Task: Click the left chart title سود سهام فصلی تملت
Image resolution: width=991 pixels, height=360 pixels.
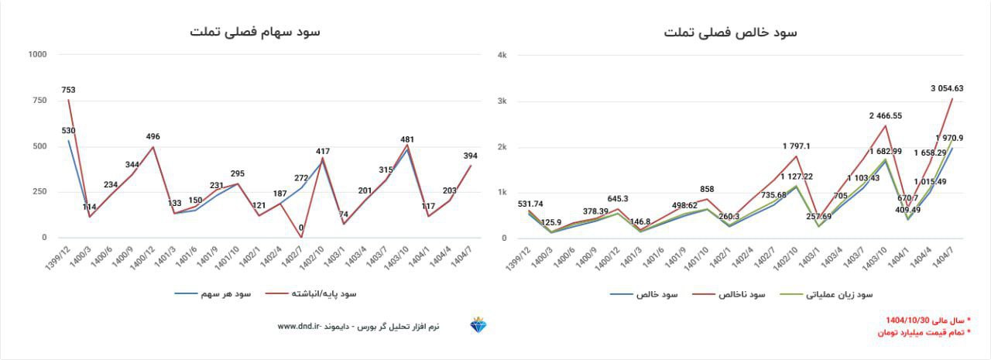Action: (x=255, y=32)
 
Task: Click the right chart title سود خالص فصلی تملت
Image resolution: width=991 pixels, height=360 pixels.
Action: (x=730, y=32)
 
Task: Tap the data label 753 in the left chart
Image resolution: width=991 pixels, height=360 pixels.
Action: (x=68, y=90)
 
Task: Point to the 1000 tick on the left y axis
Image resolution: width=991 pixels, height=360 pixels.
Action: (x=36, y=54)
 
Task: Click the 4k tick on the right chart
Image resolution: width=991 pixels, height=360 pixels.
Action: (x=502, y=55)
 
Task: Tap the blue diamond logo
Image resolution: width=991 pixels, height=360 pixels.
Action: (x=478, y=325)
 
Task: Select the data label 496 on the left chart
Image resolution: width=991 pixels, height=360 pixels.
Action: (x=153, y=137)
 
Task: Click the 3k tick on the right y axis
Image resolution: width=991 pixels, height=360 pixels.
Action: (x=502, y=101)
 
